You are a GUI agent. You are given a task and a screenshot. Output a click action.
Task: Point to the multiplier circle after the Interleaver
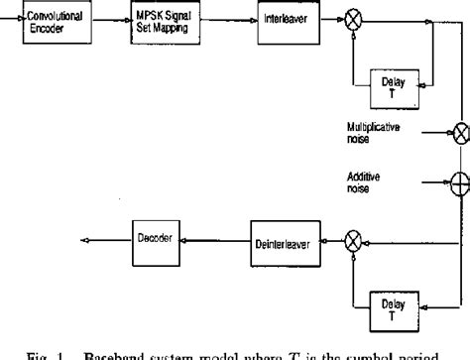coord(350,20)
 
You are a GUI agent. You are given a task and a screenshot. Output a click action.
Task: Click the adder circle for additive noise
coord(460,181)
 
